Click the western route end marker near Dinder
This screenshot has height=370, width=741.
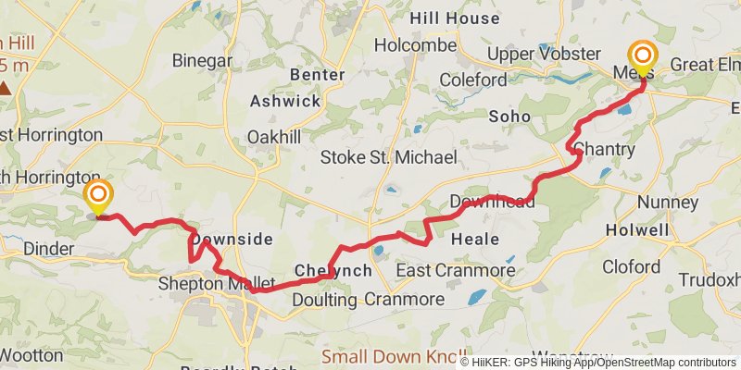click(x=97, y=195)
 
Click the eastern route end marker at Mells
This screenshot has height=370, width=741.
click(x=641, y=56)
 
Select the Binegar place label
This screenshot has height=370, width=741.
click(x=202, y=60)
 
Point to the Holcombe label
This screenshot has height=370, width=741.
click(x=416, y=45)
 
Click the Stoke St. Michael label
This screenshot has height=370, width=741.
click(x=389, y=158)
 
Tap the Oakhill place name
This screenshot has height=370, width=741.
click(x=275, y=136)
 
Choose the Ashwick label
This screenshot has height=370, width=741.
click(x=284, y=102)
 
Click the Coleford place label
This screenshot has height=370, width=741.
click(x=472, y=80)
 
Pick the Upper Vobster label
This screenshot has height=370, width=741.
click(x=537, y=54)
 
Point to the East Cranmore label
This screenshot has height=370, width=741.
click(x=456, y=270)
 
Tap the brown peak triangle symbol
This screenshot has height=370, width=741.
click(x=6, y=89)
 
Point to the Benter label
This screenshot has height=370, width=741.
click(x=318, y=75)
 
